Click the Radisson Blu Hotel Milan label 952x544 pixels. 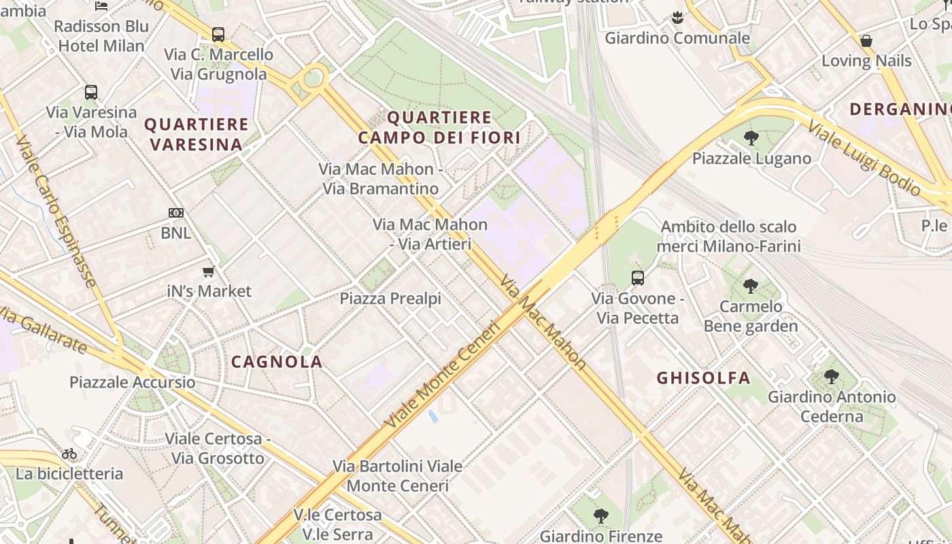[x=101, y=36]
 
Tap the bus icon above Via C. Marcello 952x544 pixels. [x=218, y=34]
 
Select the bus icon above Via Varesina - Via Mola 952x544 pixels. [x=91, y=92]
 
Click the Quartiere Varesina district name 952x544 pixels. [x=197, y=134]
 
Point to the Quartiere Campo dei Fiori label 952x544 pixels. [x=439, y=127]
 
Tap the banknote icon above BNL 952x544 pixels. [x=176, y=213]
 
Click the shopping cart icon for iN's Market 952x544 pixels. [x=209, y=271]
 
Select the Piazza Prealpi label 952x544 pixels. [x=390, y=299]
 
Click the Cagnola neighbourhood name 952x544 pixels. [x=277, y=362]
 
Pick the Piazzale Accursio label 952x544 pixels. [x=133, y=382]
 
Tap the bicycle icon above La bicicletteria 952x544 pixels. [x=69, y=454]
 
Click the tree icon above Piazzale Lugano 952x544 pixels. [x=751, y=138]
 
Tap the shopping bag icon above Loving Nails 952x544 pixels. [x=866, y=41]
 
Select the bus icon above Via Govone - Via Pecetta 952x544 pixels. [x=638, y=277]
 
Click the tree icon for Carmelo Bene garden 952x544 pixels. [x=750, y=286]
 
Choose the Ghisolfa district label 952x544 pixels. [x=703, y=378]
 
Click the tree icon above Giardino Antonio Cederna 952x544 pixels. [x=831, y=376]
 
